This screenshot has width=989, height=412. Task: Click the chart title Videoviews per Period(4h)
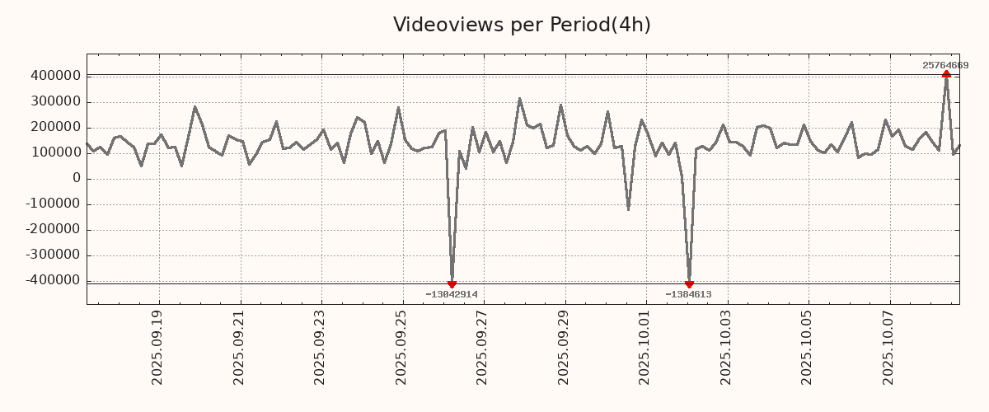tap(522, 25)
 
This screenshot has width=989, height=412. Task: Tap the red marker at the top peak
tap(946, 74)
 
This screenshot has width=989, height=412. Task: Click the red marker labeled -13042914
tap(452, 284)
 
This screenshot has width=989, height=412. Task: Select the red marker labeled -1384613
tap(689, 284)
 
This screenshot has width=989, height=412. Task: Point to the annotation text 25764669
tap(945, 65)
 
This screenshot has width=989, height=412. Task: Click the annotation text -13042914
tap(452, 294)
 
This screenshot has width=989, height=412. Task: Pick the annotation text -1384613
tap(688, 294)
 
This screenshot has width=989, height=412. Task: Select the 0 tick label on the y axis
tap(77, 178)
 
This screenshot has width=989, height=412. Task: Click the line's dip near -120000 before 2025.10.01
tap(628, 208)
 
